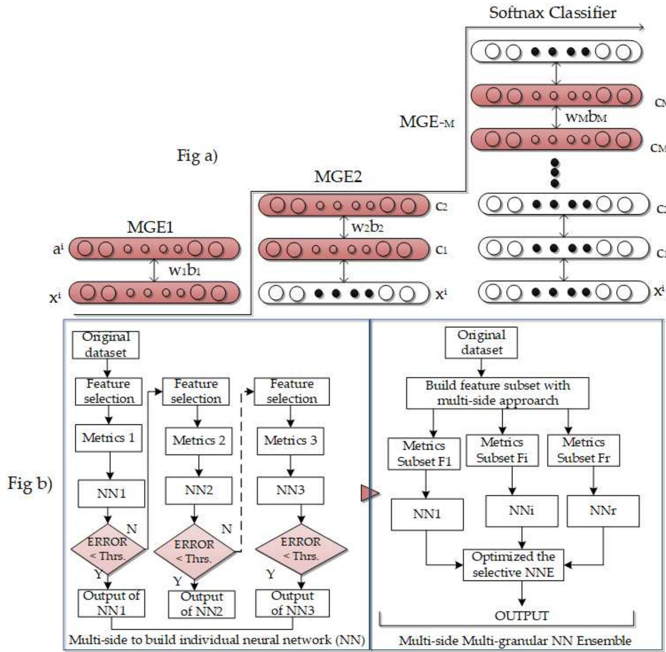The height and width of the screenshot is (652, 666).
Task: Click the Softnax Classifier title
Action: [x=552, y=13]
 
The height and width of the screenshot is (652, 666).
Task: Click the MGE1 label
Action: [x=150, y=227]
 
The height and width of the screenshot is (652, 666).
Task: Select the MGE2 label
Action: [x=338, y=177]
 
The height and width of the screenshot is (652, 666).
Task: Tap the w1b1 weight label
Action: [x=184, y=270]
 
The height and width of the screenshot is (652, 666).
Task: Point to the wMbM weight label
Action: [x=586, y=118]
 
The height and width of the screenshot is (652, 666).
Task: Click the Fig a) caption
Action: [x=197, y=156]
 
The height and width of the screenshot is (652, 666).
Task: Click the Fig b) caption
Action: [x=30, y=484]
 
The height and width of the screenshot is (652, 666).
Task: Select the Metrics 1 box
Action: [x=108, y=438]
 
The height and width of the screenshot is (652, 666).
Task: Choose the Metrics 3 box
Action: [x=290, y=441]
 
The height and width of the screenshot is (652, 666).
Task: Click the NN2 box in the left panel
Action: [x=199, y=490]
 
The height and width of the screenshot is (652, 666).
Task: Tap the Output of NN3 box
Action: [x=292, y=603]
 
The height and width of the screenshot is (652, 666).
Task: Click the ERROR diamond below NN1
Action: [x=108, y=549]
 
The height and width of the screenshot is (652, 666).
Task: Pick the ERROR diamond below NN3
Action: [x=301, y=549]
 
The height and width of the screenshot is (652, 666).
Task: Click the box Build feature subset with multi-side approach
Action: [x=497, y=393]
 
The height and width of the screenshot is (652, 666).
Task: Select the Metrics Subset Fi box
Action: [x=502, y=450]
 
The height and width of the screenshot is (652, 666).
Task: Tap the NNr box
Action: [x=603, y=511]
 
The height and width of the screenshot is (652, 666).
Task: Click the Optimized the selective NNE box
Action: [x=513, y=565]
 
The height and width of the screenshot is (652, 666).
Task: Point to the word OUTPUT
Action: [x=522, y=616]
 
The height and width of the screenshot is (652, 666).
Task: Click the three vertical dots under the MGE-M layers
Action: [x=555, y=173]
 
